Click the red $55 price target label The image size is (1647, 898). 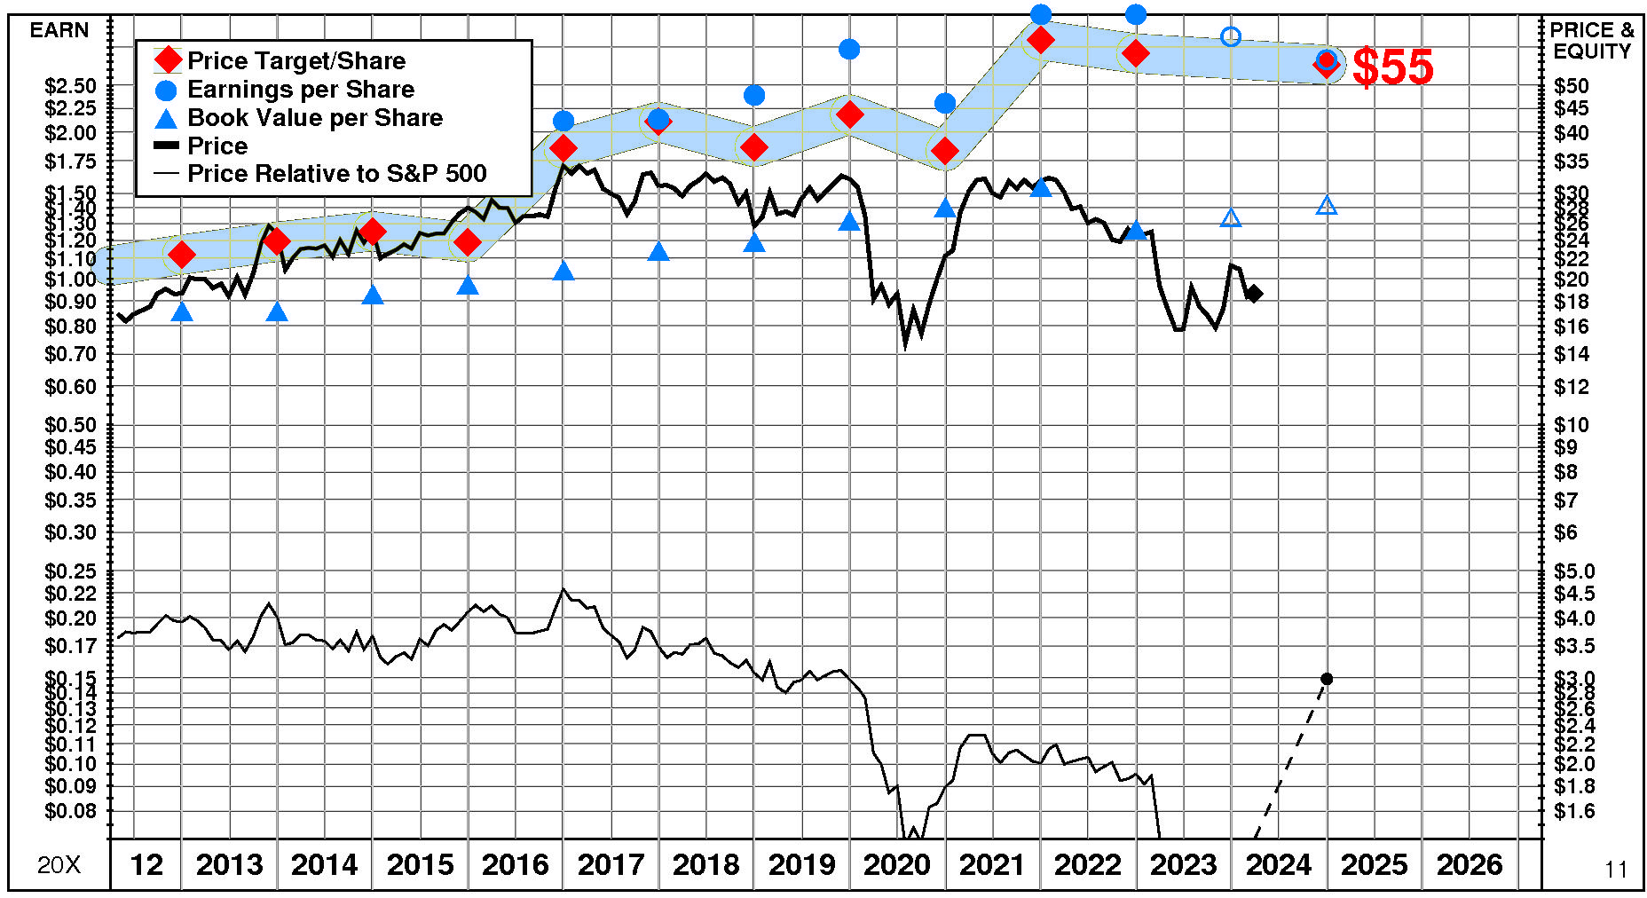pos(1392,67)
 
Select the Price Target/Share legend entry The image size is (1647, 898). pos(296,60)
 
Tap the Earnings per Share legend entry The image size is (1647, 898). pos(300,89)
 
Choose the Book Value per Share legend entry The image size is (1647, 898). pos(314,117)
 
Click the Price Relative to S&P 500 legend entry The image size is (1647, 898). pos(336,173)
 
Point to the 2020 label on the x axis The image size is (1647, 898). pos(896,864)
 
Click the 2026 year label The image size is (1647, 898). pos(1470,864)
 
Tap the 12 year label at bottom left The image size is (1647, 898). pos(146,864)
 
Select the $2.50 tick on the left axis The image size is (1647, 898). pos(70,86)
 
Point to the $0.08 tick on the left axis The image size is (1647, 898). pos(70,811)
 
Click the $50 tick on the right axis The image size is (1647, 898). pos(1572,86)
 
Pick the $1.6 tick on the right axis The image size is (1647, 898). pos(1574,811)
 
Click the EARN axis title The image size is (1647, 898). pos(59,30)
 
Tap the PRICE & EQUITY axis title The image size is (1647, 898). pos(1592,41)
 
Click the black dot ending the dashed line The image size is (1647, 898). pos(1327,679)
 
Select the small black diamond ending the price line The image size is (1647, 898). pos(1254,294)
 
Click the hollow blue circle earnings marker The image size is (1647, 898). pos(1231,36)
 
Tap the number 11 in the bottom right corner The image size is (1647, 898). pos(1616,870)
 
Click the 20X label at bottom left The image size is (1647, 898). pos(59,865)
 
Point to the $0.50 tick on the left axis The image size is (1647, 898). pos(70,424)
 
